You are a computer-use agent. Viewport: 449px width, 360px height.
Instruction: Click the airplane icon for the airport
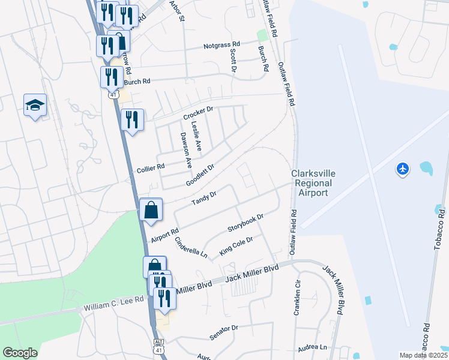(x=403, y=170)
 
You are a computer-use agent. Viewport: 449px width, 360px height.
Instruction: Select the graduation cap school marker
(x=35, y=106)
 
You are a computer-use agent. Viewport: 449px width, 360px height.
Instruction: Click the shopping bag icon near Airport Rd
(x=151, y=210)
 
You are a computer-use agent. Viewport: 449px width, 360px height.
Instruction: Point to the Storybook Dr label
(x=246, y=224)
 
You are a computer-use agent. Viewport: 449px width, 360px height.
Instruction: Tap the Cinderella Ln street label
(x=191, y=247)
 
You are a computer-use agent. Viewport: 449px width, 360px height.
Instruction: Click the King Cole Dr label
(x=236, y=246)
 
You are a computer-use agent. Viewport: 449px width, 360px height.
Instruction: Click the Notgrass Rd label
(x=221, y=45)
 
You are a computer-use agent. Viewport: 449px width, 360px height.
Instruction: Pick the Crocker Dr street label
(x=198, y=112)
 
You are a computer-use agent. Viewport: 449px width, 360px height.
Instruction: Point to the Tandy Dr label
(x=203, y=198)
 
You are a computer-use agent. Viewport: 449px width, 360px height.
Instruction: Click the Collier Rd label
(x=151, y=168)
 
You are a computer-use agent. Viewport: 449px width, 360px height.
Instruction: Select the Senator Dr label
(x=224, y=330)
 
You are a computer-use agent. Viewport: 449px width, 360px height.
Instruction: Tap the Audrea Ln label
(x=315, y=347)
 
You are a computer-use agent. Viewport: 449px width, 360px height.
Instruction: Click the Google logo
(x=20, y=353)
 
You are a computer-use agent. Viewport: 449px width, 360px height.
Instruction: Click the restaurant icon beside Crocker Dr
(x=131, y=119)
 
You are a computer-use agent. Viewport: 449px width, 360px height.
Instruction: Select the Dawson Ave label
(x=185, y=148)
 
